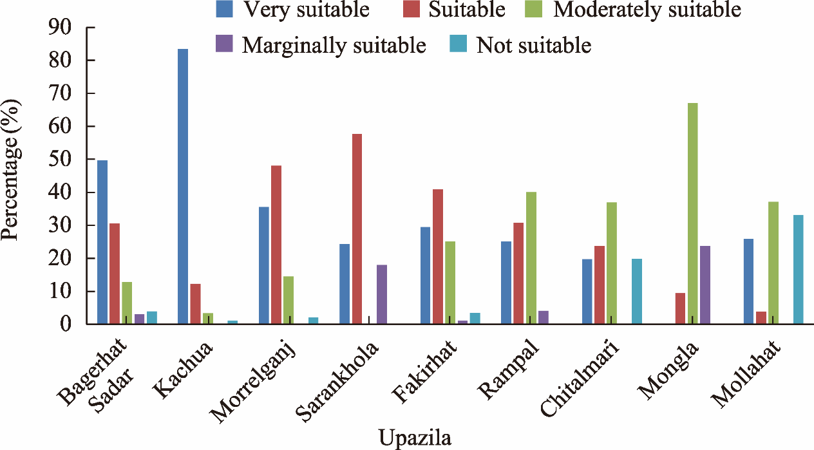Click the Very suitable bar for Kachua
[183, 187]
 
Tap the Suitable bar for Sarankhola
[357, 229]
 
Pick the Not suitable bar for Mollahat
[798, 270]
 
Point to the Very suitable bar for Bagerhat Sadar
[102, 242]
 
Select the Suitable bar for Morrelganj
[276, 245]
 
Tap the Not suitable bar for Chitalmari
[637, 291]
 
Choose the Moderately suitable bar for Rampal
[531, 258]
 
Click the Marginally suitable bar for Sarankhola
[382, 294]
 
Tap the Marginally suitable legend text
[334, 45]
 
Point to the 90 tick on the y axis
[90, 28]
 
